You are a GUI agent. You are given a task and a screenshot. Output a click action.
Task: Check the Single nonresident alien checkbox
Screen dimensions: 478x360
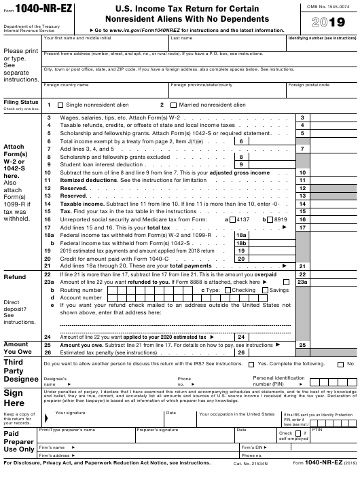coord(60,105)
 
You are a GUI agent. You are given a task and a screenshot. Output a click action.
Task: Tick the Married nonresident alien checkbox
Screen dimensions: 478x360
coord(173,105)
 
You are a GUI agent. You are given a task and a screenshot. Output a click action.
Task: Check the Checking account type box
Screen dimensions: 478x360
coord(227,290)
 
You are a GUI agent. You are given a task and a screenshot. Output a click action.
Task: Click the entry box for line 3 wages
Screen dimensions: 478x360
coord(334,118)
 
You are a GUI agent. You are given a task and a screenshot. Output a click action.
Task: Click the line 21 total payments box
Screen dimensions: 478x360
coord(334,265)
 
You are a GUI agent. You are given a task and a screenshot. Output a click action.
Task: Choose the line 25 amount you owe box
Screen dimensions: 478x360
coord(334,345)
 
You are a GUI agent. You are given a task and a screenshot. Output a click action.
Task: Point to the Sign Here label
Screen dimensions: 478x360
coord(14,398)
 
